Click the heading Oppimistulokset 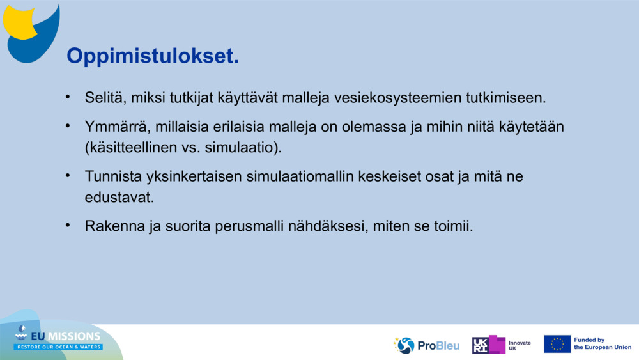[x=153, y=56]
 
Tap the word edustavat [x=119, y=198]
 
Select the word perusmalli [x=249, y=226]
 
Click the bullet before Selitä [x=68, y=97]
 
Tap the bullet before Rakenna [x=68, y=225]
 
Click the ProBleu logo [x=426, y=345]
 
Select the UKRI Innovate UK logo [x=502, y=345]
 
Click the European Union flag [x=557, y=344]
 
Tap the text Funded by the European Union [x=603, y=343]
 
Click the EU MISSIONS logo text [x=65, y=336]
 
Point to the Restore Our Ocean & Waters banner [x=58, y=347]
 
